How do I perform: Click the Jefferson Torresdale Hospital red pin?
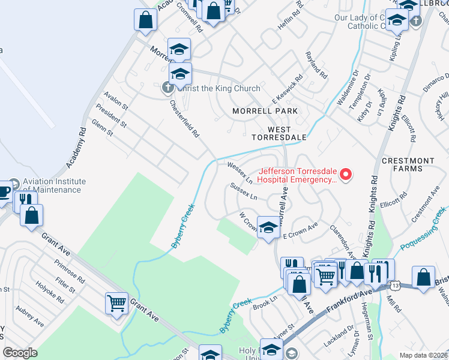pyautogui.click(x=346, y=175)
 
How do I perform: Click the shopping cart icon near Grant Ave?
pyautogui.click(x=116, y=302)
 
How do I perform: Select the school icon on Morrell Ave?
pyautogui.click(x=269, y=227)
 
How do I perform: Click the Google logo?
pyautogui.click(x=20, y=353)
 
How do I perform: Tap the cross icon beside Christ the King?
pyautogui.click(x=167, y=88)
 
